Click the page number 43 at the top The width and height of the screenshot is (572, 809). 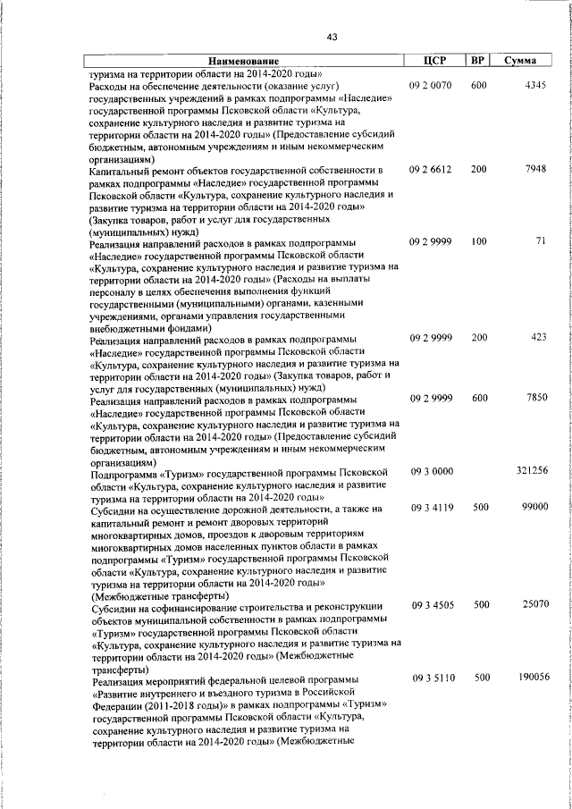pyautogui.click(x=332, y=37)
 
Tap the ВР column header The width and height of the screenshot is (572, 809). pyautogui.click(x=478, y=60)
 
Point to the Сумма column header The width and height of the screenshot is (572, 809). pyautogui.click(x=520, y=60)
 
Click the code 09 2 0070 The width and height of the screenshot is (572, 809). pyautogui.click(x=432, y=85)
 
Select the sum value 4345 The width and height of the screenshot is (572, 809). pyautogui.click(x=536, y=85)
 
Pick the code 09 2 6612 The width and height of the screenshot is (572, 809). pyautogui.click(x=432, y=170)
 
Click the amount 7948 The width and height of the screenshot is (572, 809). pyautogui.click(x=536, y=170)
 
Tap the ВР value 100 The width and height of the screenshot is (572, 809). pyautogui.click(x=479, y=241)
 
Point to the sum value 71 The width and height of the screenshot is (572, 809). pyautogui.click(x=542, y=241)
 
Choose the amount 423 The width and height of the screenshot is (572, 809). pyautogui.click(x=538, y=338)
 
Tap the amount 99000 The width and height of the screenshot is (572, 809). pyautogui.click(x=534, y=508)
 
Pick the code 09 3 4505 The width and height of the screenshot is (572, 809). pyautogui.click(x=432, y=605)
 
